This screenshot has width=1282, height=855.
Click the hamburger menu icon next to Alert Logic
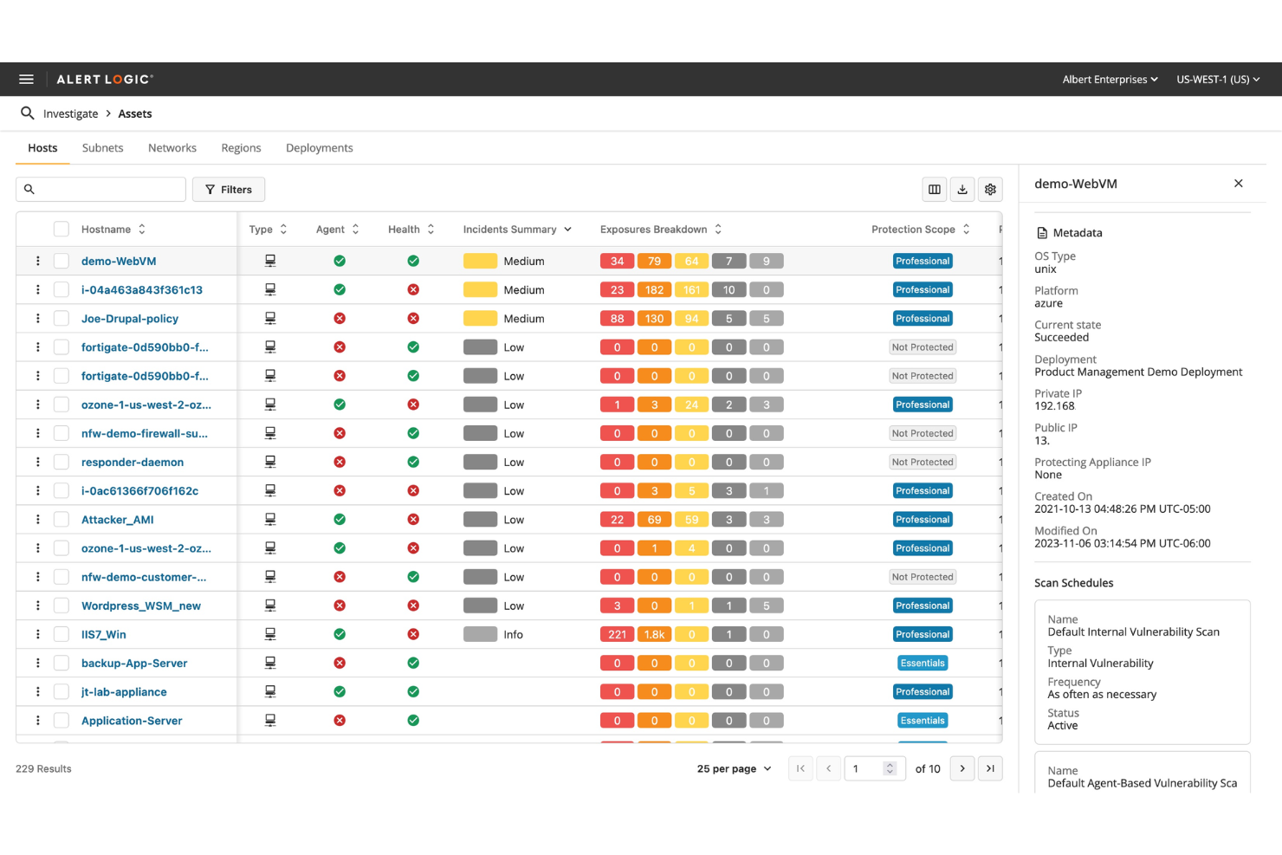coord(26,79)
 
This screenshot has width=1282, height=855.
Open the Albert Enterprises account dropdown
coord(1110,79)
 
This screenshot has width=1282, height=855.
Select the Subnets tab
coord(102,148)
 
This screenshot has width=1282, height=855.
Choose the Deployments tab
coord(319,148)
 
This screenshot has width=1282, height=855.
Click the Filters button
coord(229,190)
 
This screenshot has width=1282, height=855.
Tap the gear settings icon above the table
coord(990,190)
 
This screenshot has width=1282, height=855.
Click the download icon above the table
coord(962,190)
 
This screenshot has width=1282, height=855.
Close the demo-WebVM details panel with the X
coord(1238,184)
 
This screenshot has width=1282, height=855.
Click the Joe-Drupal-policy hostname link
coord(130,319)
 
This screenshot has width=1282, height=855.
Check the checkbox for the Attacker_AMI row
coord(62,520)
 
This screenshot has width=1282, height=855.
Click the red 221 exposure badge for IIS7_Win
coord(617,635)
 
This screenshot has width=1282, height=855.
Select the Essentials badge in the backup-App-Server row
coord(923,664)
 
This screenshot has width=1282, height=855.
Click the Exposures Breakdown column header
coord(654,230)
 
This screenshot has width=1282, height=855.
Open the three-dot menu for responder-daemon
coord(38,463)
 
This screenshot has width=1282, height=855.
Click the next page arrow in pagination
coord(961,768)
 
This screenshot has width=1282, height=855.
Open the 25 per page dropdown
coord(734,768)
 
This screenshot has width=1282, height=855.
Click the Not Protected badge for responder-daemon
coord(923,463)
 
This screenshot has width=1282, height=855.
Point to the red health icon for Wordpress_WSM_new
coord(413,606)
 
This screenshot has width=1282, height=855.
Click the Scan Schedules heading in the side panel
coord(1073,583)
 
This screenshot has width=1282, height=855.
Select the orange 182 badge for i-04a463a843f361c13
coord(654,290)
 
